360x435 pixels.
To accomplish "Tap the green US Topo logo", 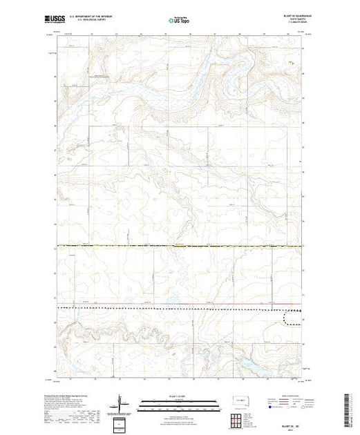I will click(x=180, y=18).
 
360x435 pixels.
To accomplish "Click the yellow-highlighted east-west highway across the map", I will click(x=180, y=245).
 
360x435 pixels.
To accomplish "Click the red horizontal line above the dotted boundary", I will click(x=180, y=301).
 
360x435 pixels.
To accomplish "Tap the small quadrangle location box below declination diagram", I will click(x=123, y=422).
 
